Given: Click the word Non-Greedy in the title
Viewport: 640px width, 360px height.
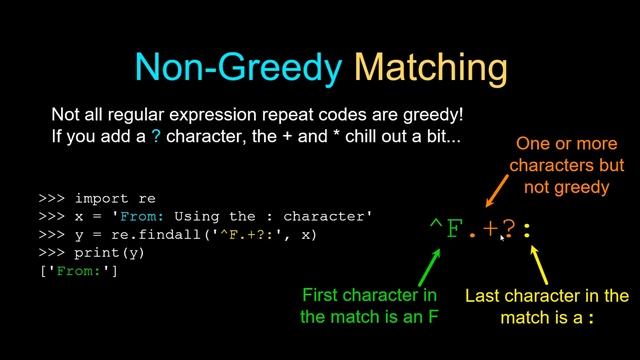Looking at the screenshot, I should pos(239,66).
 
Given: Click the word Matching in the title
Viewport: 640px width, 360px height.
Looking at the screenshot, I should pos(430,66).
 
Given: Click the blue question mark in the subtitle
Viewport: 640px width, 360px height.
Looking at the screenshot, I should pos(155,135).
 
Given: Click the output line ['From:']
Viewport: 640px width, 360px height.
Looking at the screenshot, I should pos(78,271).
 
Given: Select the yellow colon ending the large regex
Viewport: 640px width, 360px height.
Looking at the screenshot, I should pos(528,231).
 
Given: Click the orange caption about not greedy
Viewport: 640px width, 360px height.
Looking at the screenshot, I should pos(566,165).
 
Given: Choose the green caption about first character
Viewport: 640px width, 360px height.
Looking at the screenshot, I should pos(369,306).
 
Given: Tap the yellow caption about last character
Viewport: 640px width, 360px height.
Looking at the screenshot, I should pos(546,306).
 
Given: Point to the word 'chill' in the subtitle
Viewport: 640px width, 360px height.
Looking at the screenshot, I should pos(360,135).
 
